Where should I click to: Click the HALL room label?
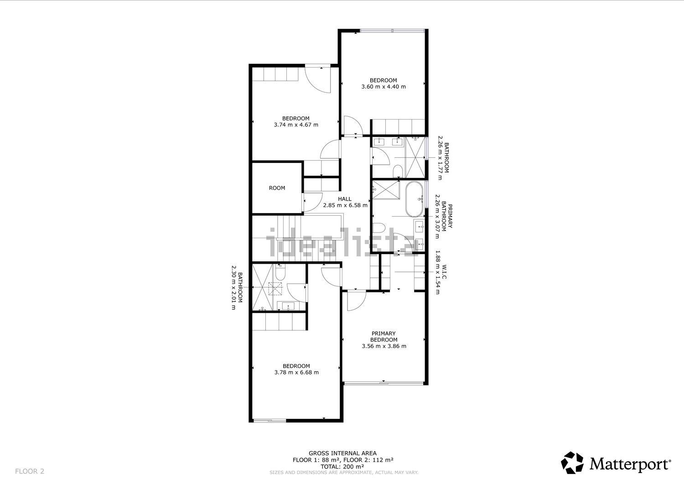(x=345, y=199)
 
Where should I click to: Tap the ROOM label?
(x=277, y=188)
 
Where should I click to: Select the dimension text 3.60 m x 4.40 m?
(x=383, y=87)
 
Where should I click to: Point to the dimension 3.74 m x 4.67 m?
(x=296, y=125)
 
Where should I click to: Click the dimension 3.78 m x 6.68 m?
(x=296, y=373)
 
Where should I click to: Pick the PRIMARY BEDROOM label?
(x=384, y=337)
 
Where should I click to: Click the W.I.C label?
(x=444, y=272)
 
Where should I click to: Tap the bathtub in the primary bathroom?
(x=414, y=199)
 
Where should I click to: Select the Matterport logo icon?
(x=572, y=463)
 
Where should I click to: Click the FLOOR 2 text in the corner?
(x=30, y=471)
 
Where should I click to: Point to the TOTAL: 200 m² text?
(x=342, y=467)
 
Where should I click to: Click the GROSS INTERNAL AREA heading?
(x=342, y=453)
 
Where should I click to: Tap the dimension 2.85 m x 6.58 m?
(x=345, y=205)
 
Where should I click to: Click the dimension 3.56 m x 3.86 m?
(x=384, y=346)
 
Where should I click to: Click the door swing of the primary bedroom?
(x=356, y=301)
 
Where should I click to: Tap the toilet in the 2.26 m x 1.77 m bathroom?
(x=398, y=172)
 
